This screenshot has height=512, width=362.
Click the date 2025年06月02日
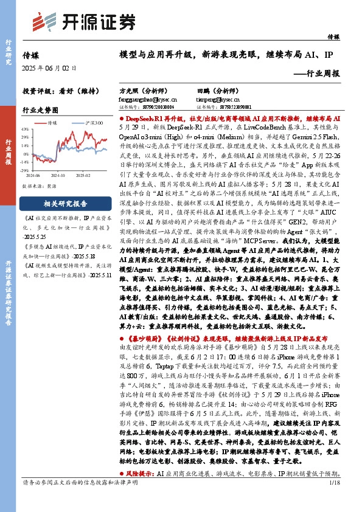[46, 67]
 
